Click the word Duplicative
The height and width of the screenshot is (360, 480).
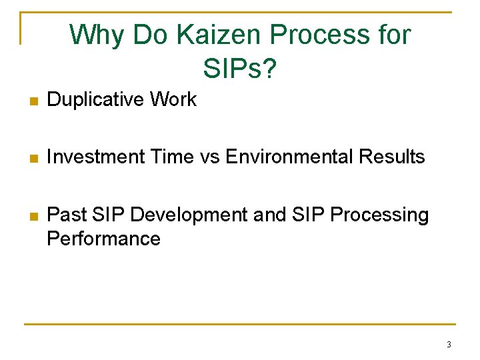[96, 100]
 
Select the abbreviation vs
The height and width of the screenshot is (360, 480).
[211, 157]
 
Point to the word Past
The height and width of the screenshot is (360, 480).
[64, 215]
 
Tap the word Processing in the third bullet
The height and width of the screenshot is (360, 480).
[379, 215]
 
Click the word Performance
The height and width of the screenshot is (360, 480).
[103, 239]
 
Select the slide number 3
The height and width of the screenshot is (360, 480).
[449, 345]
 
